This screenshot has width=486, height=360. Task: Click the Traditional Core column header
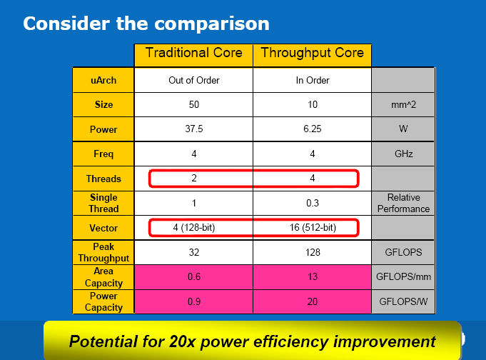(193, 55)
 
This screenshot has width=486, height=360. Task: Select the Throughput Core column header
(312, 55)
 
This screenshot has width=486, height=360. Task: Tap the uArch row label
(103, 80)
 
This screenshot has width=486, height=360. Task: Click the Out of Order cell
(193, 80)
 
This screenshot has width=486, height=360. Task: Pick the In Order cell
(312, 80)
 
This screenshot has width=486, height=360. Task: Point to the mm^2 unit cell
(403, 104)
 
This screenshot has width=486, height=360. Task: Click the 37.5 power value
(193, 129)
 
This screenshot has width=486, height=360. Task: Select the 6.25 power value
(312, 129)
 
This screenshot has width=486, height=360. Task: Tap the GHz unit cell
(403, 154)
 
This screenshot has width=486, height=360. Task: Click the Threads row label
(103, 179)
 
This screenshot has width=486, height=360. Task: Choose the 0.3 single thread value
(312, 203)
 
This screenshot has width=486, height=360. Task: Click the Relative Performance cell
(403, 203)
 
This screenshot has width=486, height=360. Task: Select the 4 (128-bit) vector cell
(193, 227)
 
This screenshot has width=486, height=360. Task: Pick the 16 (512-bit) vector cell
(312, 227)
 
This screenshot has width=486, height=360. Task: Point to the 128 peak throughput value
(312, 252)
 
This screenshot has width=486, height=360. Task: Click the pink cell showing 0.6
(193, 277)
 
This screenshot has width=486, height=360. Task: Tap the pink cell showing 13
(312, 277)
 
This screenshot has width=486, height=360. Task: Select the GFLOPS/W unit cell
(403, 301)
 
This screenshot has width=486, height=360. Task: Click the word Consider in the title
(66, 24)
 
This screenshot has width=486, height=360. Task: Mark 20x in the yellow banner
(183, 341)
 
